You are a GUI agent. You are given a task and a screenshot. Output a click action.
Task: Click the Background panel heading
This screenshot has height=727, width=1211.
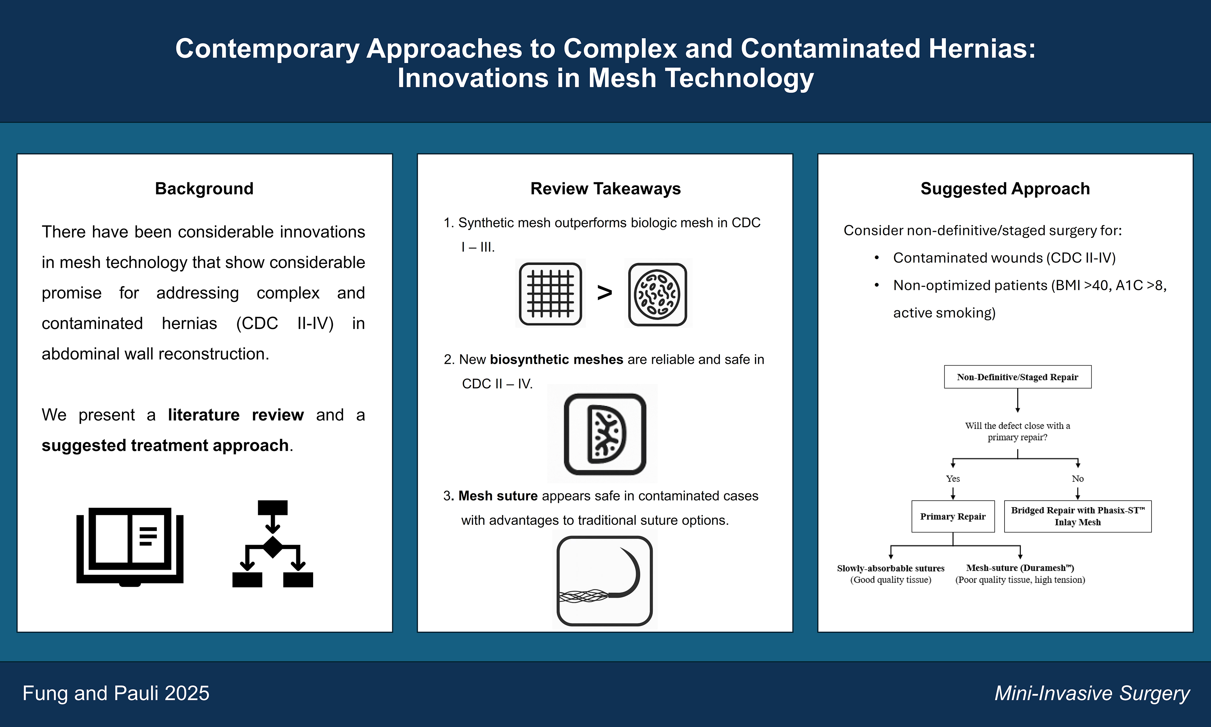(204, 189)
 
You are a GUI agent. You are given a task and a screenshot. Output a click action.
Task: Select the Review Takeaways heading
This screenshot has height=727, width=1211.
(605, 189)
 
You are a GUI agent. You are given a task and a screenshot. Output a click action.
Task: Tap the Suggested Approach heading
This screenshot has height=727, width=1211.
(1005, 189)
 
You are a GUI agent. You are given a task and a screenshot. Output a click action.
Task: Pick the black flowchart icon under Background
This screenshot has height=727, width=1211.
(273, 544)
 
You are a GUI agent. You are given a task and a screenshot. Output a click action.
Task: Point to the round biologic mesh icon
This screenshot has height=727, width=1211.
(657, 294)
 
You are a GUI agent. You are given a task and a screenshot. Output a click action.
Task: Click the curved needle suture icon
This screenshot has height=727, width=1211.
(605, 581)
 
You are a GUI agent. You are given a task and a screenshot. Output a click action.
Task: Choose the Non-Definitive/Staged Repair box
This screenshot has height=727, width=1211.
(1018, 377)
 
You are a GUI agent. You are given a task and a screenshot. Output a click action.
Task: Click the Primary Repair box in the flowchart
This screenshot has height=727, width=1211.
(953, 516)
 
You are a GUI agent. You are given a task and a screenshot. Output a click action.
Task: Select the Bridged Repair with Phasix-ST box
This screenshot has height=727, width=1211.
(1078, 516)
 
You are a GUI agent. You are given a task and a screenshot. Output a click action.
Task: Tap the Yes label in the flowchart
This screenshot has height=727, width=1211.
(953, 479)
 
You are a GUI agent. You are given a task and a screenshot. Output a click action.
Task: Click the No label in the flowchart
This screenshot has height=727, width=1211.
(1078, 479)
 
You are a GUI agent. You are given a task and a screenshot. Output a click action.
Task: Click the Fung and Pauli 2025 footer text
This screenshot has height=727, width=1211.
(116, 693)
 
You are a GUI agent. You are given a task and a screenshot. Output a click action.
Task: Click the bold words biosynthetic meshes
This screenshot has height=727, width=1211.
(556, 360)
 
